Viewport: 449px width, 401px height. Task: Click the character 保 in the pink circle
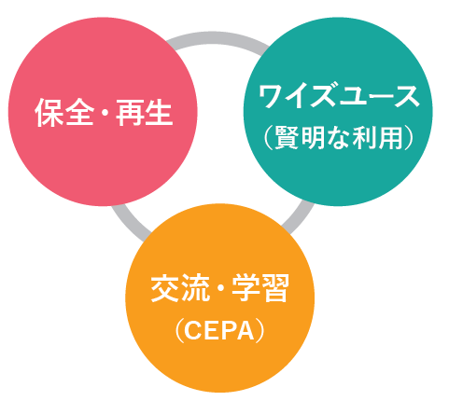49,112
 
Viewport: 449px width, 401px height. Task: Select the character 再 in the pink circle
130,112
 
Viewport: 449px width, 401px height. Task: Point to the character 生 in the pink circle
159,112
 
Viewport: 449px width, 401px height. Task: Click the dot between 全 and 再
105,113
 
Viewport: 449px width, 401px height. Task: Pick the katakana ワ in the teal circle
272,96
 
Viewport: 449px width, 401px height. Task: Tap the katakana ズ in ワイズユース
324,96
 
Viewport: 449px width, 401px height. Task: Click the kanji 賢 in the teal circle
287,137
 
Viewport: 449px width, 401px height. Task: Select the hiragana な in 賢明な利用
339,137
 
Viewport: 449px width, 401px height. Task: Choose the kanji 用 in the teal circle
389,137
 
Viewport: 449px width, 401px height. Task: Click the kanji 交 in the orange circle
164,288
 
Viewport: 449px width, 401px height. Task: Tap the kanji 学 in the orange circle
246,288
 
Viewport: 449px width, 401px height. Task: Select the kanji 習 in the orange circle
274,288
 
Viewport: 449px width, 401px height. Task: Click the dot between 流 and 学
220,288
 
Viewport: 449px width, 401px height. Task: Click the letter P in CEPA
227,331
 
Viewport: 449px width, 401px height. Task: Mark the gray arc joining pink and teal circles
217,38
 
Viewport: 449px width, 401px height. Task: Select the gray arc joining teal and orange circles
298,217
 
